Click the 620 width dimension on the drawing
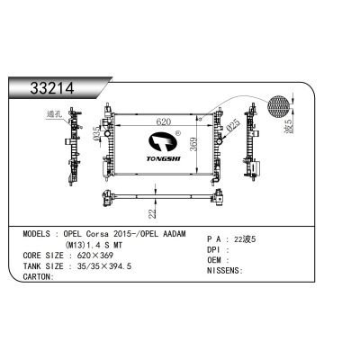[x=163, y=121]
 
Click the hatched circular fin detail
[x=280, y=107]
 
